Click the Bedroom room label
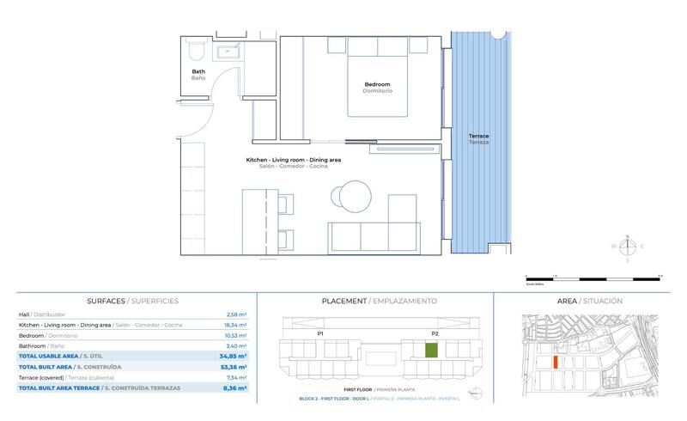point(377,83)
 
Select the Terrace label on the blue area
point(478,137)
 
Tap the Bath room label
point(198,71)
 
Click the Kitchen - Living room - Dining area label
point(293,161)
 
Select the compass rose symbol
point(627,247)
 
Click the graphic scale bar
point(593,278)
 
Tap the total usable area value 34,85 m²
point(233,356)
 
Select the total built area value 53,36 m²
point(233,367)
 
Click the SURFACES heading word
point(106,302)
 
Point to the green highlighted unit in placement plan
point(432,350)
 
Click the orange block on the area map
point(556,363)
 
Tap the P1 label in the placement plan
point(320,333)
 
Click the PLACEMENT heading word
point(344,302)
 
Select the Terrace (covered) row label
point(40,377)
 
